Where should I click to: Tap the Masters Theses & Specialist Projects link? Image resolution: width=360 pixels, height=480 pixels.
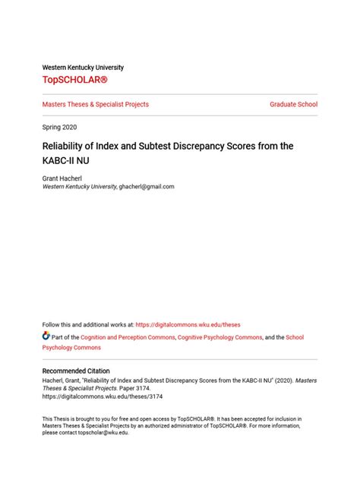(x=95, y=104)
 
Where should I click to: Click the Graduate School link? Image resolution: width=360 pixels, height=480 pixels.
(x=293, y=104)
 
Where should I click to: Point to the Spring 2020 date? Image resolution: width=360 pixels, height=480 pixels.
(x=59, y=127)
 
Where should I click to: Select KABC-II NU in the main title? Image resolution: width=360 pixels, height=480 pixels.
(x=68, y=161)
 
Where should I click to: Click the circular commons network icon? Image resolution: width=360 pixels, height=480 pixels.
(x=46, y=336)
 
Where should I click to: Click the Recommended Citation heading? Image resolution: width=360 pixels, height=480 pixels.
(x=76, y=371)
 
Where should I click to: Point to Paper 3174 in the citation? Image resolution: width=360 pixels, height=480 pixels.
(x=114, y=387)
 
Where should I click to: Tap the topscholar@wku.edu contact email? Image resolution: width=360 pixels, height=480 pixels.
(x=101, y=433)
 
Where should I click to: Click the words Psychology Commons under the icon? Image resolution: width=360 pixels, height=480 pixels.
(x=71, y=347)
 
